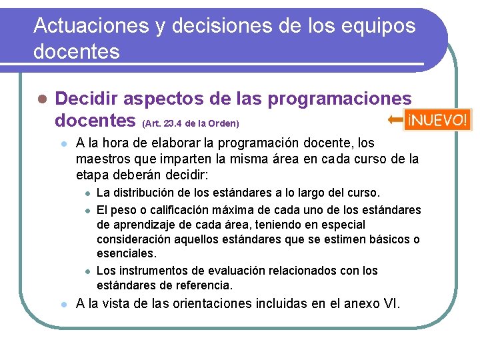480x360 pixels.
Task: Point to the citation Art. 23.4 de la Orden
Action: pos(191,124)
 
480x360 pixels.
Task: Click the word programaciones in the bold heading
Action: pos(339,99)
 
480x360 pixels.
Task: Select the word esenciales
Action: pos(125,254)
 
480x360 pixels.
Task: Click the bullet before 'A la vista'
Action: pos(62,305)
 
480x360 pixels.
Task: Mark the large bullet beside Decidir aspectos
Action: pos(41,99)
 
